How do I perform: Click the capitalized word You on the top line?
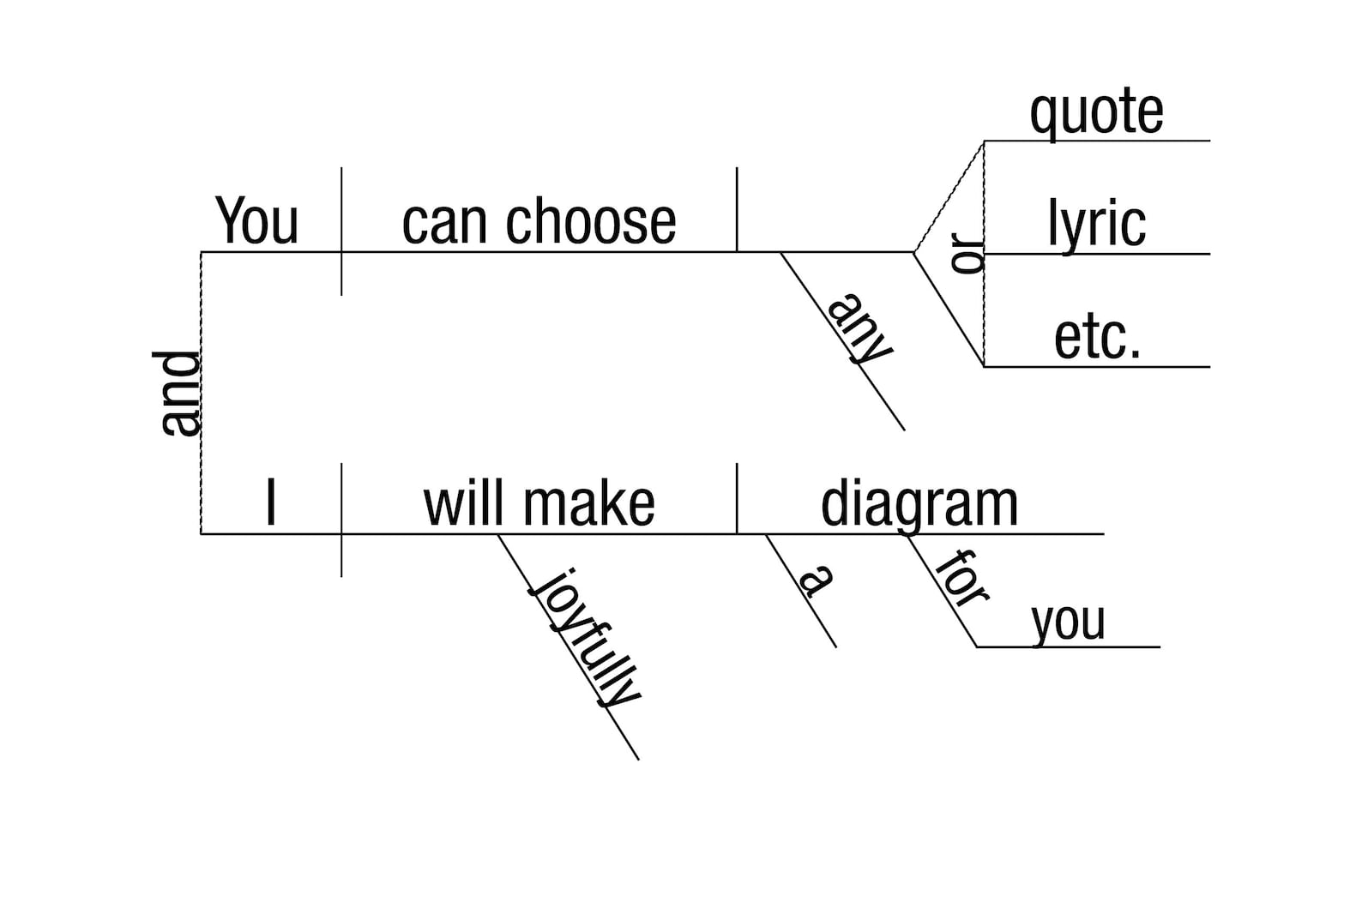coord(256,221)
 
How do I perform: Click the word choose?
coord(591,221)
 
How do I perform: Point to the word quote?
coord(1096,113)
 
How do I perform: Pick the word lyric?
coord(1096,225)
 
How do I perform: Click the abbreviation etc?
coord(1097,337)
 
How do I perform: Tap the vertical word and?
coord(181,394)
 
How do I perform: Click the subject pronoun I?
coord(271,503)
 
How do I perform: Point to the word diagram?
coord(919,505)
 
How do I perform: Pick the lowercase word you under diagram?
coord(1068,622)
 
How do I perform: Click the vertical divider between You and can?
coord(341,232)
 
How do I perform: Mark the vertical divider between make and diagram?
coord(737,498)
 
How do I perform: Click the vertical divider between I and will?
coord(341,520)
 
